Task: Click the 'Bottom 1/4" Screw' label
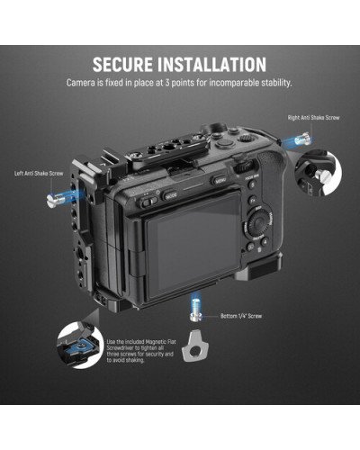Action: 241,317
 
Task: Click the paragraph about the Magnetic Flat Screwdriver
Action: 145,356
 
